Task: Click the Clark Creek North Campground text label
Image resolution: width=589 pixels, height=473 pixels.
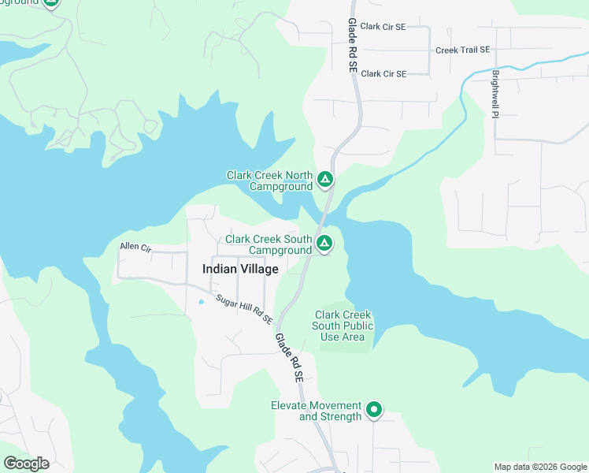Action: pos(269,181)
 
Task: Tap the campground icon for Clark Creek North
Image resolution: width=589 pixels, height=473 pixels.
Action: pos(325,181)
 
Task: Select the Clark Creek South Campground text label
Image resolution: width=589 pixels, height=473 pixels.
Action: pos(269,244)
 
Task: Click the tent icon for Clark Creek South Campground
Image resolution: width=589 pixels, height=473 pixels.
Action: pos(324,243)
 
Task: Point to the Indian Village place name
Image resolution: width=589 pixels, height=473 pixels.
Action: pos(240,269)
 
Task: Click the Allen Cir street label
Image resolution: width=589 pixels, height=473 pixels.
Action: pos(135,247)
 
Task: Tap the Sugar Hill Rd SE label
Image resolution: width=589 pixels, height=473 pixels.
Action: pos(244,311)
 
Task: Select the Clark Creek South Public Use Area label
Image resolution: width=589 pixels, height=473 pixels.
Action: pos(343,326)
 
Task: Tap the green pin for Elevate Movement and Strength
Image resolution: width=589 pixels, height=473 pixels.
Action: pos(375,409)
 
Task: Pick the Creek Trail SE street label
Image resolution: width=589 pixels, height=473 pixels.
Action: pos(462,50)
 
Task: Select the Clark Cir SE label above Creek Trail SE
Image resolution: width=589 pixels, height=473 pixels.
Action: pos(383,26)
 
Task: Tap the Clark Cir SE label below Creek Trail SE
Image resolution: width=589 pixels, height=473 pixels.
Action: pos(383,73)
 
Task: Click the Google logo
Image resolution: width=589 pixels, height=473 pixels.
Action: pos(26,464)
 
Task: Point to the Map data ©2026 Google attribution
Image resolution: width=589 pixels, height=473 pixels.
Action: pos(540,467)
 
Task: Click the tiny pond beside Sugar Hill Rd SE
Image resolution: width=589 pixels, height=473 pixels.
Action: pos(201,301)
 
